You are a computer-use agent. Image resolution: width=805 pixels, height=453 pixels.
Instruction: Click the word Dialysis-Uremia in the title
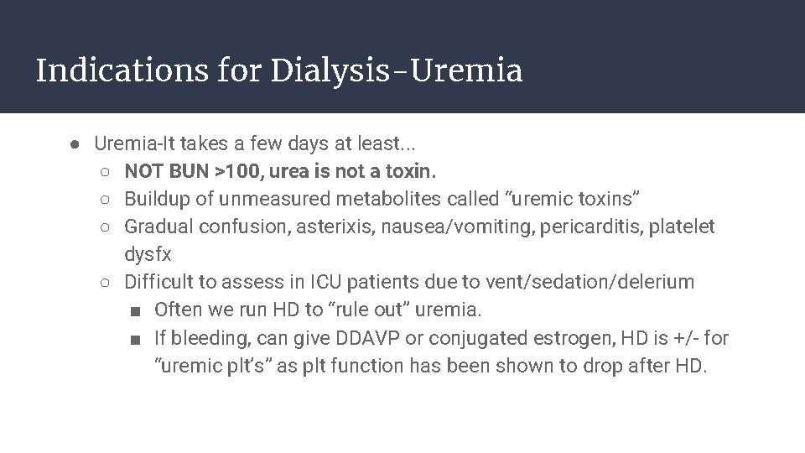pyautogui.click(x=397, y=70)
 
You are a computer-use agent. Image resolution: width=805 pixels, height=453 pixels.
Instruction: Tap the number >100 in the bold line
pyautogui.click(x=241, y=172)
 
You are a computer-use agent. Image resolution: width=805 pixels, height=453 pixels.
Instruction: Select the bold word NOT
pyautogui.click(x=144, y=172)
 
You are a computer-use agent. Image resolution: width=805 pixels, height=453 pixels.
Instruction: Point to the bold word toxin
pyautogui.click(x=409, y=172)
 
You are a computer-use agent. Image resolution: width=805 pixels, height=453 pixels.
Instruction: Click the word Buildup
pyautogui.click(x=156, y=200)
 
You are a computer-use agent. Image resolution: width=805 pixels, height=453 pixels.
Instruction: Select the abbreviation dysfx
pyautogui.click(x=148, y=255)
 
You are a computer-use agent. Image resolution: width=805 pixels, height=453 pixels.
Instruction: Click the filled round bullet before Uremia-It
pyautogui.click(x=75, y=144)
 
